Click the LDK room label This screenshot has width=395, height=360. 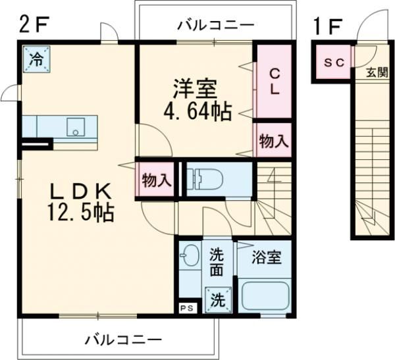click(78, 191)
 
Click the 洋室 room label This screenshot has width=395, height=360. click(196, 88)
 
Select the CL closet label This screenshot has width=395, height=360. click(273, 82)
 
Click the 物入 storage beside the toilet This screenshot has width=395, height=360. click(157, 180)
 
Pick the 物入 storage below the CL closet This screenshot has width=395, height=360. click(273, 140)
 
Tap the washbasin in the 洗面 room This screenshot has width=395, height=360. click(190, 256)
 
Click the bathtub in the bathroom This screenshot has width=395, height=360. click(265, 295)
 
